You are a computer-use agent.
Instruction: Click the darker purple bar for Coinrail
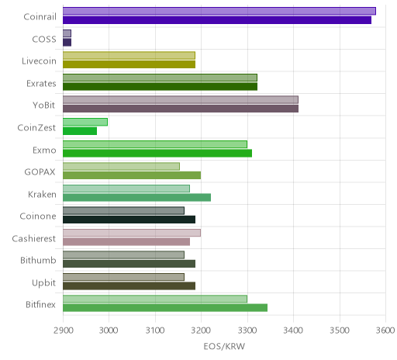point(217,20)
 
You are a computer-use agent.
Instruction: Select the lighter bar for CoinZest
point(85,122)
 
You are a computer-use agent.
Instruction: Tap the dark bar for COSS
point(67,43)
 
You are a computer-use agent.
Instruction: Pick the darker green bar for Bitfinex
point(165,308)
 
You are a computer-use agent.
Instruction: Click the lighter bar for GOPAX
point(121,166)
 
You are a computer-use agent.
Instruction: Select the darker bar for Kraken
point(136,198)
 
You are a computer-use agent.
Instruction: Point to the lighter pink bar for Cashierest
point(132,233)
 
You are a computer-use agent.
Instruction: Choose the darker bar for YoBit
point(181,109)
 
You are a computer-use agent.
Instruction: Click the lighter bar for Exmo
point(155,144)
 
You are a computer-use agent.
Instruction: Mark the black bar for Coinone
point(129,220)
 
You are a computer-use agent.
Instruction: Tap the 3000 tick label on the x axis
point(109,331)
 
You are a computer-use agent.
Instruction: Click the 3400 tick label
point(293,331)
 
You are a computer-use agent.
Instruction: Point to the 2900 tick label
point(63,331)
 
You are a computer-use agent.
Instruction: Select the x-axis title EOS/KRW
point(224,347)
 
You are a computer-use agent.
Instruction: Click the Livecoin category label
point(39,61)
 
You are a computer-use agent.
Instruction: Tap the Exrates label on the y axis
point(41,84)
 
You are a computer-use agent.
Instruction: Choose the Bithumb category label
point(38,260)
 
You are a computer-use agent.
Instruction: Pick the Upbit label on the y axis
point(44,283)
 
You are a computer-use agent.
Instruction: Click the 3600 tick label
point(385,331)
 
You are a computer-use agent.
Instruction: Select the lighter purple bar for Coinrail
point(219,11)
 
